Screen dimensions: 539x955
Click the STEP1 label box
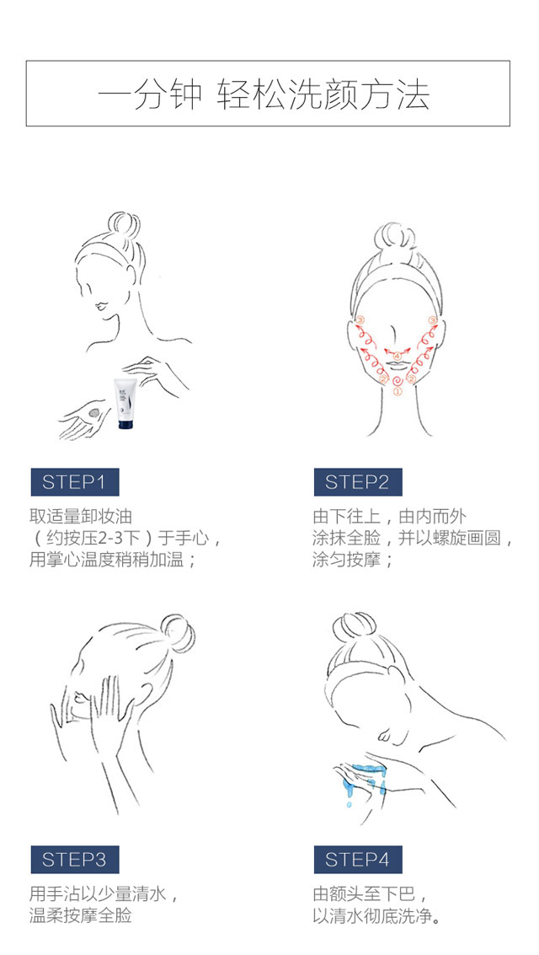75,482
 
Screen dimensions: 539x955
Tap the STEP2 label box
358,482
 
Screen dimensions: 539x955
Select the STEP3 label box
75,860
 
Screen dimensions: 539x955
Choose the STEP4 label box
358,860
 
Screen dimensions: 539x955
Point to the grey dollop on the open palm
95,413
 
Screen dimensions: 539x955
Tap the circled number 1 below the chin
398,392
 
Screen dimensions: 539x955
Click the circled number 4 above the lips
398,356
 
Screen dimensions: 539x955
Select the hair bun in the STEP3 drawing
177,633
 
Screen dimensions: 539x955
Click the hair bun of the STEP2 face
396,238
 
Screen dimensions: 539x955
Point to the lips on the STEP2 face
398,366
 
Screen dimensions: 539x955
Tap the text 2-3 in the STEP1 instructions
112,539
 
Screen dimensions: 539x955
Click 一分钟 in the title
149,94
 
